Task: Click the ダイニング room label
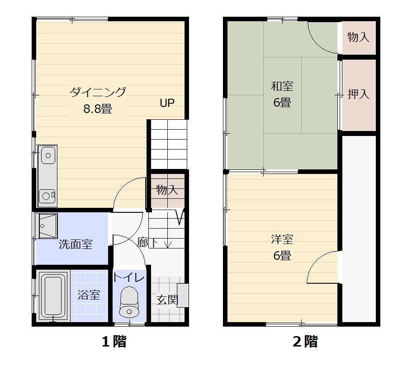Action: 98,92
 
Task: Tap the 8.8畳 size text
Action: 98,109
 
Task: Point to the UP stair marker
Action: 167,103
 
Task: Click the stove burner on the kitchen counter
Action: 47,196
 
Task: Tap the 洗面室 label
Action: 76,244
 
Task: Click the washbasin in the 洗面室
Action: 47,223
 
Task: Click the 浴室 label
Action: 89,295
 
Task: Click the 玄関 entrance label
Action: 167,300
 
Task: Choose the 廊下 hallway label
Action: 147,243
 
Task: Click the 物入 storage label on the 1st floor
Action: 167,190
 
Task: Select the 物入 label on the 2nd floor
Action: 359,37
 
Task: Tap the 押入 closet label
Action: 359,94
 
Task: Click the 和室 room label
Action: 282,86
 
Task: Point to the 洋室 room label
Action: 282,239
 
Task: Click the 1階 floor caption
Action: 113,342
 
